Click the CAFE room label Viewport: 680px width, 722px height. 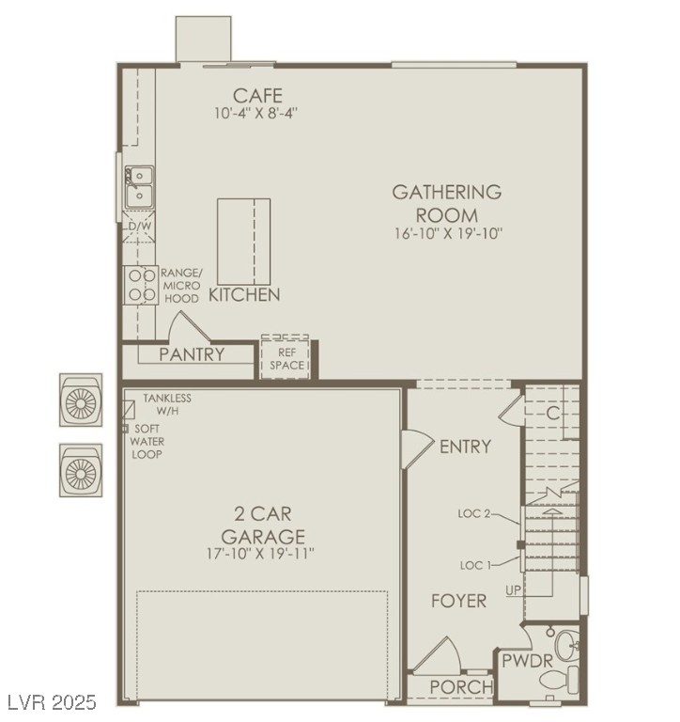(x=257, y=95)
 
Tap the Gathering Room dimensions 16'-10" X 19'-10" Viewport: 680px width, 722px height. (x=448, y=233)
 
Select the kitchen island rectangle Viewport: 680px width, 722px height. (x=243, y=242)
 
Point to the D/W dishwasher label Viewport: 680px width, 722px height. (x=139, y=226)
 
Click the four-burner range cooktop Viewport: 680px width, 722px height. (x=141, y=285)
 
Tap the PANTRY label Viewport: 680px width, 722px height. (x=192, y=354)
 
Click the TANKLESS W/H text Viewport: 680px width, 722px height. (x=167, y=404)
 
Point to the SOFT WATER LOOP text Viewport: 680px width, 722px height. (x=147, y=442)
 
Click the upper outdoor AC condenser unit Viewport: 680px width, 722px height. (x=81, y=400)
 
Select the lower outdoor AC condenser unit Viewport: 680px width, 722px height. (x=81, y=470)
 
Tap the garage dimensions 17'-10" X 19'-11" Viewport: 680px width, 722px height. (x=260, y=553)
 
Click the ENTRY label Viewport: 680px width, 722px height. (x=465, y=447)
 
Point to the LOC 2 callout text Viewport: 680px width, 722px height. (x=474, y=513)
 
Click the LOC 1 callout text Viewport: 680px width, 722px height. (x=476, y=565)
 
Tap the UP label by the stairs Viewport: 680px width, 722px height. (x=513, y=589)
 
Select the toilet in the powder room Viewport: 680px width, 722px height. (x=560, y=680)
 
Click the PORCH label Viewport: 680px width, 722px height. (x=461, y=687)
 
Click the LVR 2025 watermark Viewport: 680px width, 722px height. (x=49, y=702)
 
